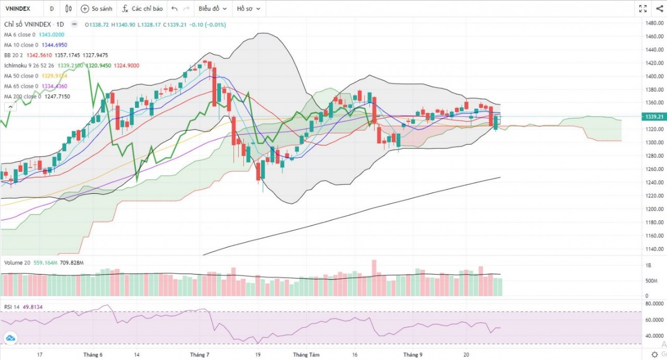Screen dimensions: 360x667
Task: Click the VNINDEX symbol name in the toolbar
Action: (18, 9)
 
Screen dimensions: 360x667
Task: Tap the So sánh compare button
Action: (97, 9)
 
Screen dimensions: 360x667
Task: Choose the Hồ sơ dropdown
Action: (249, 9)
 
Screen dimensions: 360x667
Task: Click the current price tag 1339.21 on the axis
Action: (654, 117)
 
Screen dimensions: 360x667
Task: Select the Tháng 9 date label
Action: (413, 355)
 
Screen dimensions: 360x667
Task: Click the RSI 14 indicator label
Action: (13, 307)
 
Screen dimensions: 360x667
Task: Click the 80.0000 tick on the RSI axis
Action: (654, 303)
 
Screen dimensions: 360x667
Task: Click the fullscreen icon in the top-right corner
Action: (643, 9)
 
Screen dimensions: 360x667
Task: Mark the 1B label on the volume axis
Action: (648, 266)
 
